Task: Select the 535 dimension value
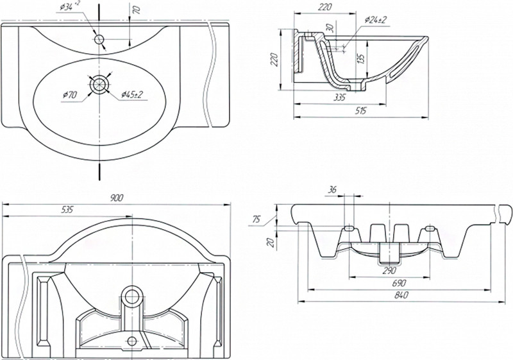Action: [67, 209]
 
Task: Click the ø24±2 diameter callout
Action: [375, 20]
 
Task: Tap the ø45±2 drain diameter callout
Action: [131, 96]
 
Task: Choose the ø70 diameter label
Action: [70, 96]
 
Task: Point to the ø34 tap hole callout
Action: [71, 8]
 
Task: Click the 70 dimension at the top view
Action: [136, 11]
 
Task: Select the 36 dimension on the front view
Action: [332, 189]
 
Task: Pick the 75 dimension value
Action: [256, 219]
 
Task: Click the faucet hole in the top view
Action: [99, 40]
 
